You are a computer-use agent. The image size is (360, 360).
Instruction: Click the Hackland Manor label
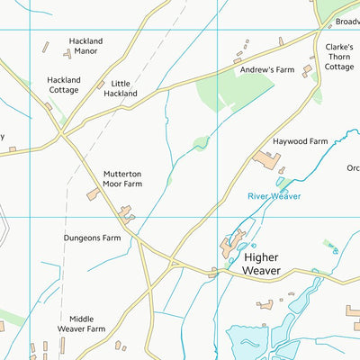[x=86, y=47]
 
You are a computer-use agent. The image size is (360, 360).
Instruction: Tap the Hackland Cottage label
[x=64, y=85]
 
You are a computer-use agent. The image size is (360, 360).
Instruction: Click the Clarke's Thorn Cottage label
[x=339, y=56]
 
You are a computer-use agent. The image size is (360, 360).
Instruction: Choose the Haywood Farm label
[x=299, y=141]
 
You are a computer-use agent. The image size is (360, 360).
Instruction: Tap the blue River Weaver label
[x=274, y=195]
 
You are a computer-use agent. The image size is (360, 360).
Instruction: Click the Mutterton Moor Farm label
[x=122, y=178]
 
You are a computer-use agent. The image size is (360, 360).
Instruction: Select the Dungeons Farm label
[x=92, y=238]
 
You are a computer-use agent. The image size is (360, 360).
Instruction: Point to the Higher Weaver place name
[x=274, y=264]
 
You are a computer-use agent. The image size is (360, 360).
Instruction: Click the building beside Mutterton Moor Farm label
[x=94, y=194]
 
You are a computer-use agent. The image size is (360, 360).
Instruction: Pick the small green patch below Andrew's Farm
[x=201, y=142]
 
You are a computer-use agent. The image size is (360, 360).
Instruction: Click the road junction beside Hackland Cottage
[x=61, y=136]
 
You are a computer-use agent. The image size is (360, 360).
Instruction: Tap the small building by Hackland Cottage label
[x=47, y=106]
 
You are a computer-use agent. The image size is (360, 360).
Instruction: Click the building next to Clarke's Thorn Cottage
[x=307, y=70]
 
